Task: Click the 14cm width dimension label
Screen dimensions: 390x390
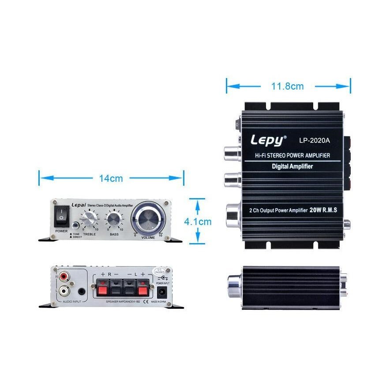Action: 110,178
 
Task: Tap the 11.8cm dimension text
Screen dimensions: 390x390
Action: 287,86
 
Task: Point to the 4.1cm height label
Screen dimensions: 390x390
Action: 198,221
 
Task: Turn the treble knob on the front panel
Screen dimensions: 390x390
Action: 89,218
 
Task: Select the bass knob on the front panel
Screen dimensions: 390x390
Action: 114,218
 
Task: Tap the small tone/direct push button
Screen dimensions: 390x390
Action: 75,226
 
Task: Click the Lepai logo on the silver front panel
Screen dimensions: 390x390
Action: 78,205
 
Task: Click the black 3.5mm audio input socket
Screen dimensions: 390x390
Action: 82,291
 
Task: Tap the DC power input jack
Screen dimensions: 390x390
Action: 161,292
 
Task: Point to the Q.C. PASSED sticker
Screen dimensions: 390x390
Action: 159,271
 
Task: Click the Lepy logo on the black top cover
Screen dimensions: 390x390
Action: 268,140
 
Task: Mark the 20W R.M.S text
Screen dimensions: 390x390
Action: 324,210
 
